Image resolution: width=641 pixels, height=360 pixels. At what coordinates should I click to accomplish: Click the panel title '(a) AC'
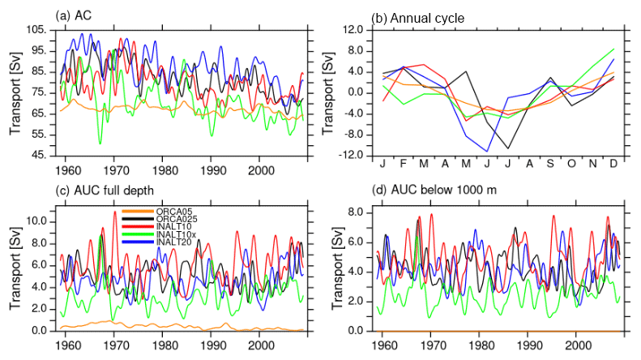pyautogui.click(x=74, y=15)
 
